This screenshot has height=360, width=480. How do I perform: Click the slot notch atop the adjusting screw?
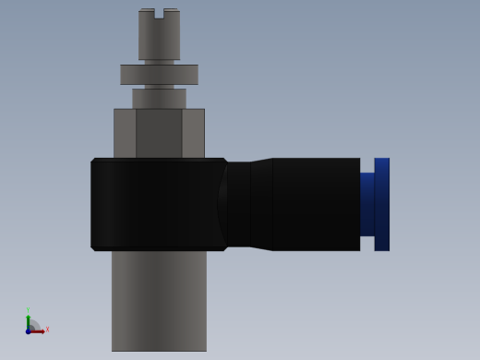(159, 14)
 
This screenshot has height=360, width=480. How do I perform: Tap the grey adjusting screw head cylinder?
(159, 39)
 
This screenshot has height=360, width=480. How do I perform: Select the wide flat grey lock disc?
(159, 74)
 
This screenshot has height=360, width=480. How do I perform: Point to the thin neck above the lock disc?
(159, 62)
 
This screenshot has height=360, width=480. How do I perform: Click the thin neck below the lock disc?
(159, 87)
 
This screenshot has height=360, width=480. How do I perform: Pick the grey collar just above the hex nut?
(159, 98)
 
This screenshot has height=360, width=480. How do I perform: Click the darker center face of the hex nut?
(159, 133)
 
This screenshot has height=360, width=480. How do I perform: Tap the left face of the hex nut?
(125, 133)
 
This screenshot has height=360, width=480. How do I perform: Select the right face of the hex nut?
(193, 133)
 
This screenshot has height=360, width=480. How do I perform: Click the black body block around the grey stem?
(157, 204)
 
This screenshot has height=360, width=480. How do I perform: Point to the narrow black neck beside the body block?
(238, 204)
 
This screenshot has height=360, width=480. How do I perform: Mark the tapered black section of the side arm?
(261, 204)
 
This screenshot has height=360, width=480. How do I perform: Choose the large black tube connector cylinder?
(316, 204)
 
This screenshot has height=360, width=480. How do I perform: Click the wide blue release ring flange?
(381, 204)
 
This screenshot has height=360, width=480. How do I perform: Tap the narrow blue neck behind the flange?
(366, 204)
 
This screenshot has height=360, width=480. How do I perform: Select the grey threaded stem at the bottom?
(159, 300)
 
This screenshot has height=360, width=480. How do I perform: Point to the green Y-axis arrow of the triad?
(28, 319)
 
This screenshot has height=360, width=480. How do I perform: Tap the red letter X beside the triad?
(47, 329)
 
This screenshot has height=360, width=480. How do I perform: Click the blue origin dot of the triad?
(28, 330)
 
